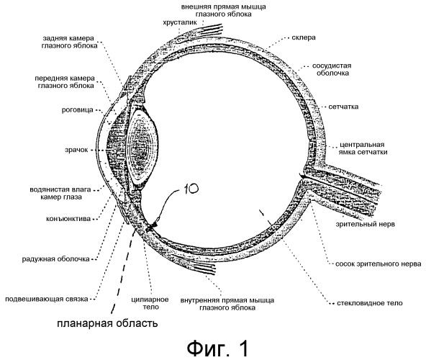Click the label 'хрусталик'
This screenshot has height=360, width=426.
(180, 22)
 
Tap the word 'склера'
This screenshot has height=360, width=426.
(304, 37)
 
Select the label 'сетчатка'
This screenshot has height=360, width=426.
(343, 107)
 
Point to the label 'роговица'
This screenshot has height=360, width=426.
(78, 110)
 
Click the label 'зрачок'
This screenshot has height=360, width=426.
(76, 150)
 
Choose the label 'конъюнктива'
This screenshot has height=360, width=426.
(68, 219)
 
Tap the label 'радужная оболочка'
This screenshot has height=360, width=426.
(55, 259)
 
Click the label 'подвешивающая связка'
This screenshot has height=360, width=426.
(47, 299)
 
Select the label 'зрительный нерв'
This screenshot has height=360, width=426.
(365, 224)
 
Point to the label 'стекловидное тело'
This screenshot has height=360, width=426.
(370, 303)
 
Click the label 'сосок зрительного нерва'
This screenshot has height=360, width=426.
(379, 264)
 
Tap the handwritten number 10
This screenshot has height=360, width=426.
(191, 188)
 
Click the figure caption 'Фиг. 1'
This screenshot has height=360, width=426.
(217, 348)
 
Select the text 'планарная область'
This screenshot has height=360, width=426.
(107, 323)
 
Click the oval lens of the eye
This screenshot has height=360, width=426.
(143, 148)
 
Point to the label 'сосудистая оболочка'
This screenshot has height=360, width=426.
(332, 69)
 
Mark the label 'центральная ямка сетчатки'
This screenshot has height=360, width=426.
(363, 148)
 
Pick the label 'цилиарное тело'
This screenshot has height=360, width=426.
(150, 303)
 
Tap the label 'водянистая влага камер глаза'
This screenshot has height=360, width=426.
(60, 193)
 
